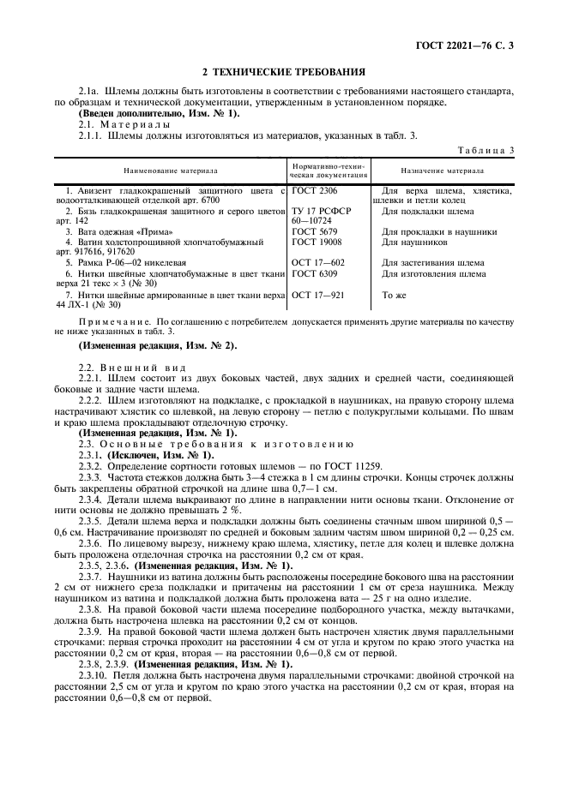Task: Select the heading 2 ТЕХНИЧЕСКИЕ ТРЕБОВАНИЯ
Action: point(283,71)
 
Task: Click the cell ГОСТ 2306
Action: point(314,190)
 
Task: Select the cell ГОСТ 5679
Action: point(314,231)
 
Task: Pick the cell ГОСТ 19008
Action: point(317,242)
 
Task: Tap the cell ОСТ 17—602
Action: point(317,262)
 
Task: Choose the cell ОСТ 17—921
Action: point(317,294)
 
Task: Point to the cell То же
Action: point(394,294)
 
